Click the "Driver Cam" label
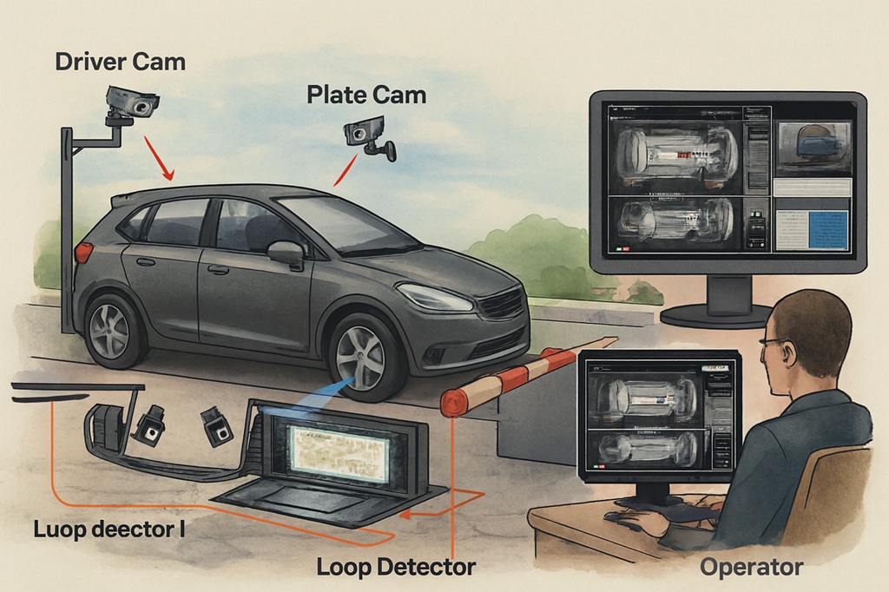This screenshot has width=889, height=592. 120,62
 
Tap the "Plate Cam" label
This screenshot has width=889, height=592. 366,95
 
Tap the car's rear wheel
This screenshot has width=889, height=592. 112,329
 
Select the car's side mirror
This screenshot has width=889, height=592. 286,253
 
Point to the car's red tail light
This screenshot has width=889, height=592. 84,252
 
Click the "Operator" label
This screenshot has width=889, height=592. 751,568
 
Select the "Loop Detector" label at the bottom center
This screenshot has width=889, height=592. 396,568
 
